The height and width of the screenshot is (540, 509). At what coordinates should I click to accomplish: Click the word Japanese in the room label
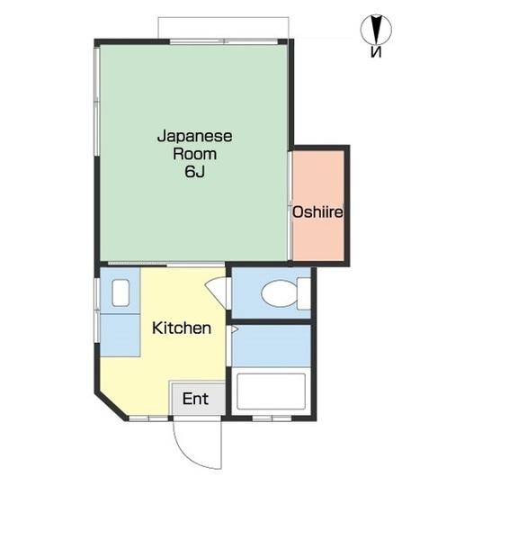pyautogui.click(x=195, y=137)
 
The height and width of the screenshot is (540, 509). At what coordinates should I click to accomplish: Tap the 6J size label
pyautogui.click(x=195, y=172)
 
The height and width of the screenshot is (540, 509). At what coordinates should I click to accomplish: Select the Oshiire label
pyautogui.click(x=317, y=211)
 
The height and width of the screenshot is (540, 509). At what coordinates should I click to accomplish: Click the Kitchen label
pyautogui.click(x=182, y=328)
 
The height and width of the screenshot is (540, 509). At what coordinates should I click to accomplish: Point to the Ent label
pyautogui.click(x=195, y=399)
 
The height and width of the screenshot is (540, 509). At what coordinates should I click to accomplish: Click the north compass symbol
pyautogui.click(x=376, y=29)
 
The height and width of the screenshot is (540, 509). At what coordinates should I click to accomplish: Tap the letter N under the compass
pyautogui.click(x=376, y=52)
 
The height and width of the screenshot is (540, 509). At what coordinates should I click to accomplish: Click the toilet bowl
pyautogui.click(x=279, y=293)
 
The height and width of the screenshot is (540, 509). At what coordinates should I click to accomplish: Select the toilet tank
pyautogui.click(x=304, y=293)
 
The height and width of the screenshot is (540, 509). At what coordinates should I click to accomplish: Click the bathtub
pyautogui.click(x=272, y=391)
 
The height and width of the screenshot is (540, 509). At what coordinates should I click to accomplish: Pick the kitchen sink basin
pyautogui.click(x=121, y=292)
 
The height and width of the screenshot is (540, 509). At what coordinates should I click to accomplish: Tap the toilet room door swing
pyautogui.click(x=218, y=290)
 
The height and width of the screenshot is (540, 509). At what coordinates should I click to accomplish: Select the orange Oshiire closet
pyautogui.click(x=318, y=205)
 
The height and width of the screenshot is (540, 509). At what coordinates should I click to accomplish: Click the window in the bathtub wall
pyautogui.click(x=272, y=418)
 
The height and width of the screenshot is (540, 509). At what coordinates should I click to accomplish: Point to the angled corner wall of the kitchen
pyautogui.click(x=111, y=407)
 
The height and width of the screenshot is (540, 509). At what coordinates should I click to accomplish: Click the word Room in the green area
pyautogui.click(x=195, y=154)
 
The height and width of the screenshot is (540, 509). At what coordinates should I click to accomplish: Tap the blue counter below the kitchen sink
pyautogui.click(x=120, y=335)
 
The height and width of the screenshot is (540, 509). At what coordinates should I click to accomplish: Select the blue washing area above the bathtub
pyautogui.click(x=272, y=346)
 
